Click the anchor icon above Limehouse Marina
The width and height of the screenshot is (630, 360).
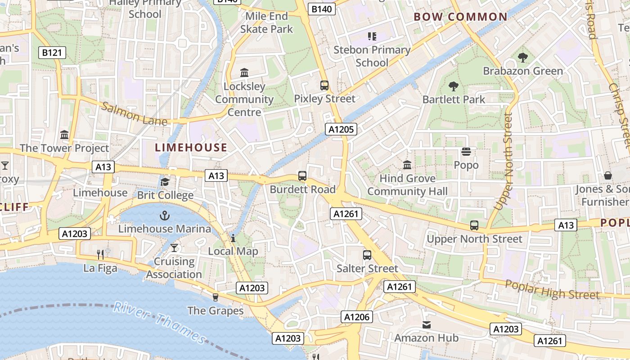pyautogui.click(x=165, y=216)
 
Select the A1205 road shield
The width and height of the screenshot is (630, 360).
pyautogui.click(x=341, y=130)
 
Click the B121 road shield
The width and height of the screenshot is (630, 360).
pyautogui.click(x=52, y=53)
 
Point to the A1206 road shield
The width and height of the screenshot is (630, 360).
pyautogui.click(x=356, y=317)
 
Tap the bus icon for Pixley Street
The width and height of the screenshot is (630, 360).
pyautogui.click(x=324, y=85)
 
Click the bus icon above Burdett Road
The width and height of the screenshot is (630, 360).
pyautogui.click(x=302, y=176)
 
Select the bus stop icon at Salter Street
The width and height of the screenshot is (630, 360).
pyautogui.click(x=367, y=255)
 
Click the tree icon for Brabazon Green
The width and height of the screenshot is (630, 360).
pyautogui.click(x=522, y=58)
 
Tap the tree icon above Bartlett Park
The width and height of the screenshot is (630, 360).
pyautogui.click(x=453, y=86)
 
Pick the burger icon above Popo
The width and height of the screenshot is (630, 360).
pyautogui.click(x=466, y=152)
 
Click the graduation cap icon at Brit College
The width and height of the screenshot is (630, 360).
pyautogui.click(x=165, y=182)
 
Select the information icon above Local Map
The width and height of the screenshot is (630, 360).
pyautogui.click(x=233, y=238)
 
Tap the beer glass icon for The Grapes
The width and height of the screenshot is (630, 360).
pyautogui.click(x=215, y=297)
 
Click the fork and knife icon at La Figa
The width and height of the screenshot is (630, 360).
pyautogui.click(x=100, y=255)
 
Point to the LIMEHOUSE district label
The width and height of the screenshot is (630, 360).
pyautogui.click(x=191, y=148)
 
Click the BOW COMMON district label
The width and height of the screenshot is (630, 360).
pyautogui.click(x=460, y=17)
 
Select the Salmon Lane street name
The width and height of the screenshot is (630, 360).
pyautogui.click(x=134, y=114)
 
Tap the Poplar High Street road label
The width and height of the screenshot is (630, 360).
pyautogui.click(x=552, y=289)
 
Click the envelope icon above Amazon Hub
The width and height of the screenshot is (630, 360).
pyautogui.click(x=426, y=324)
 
